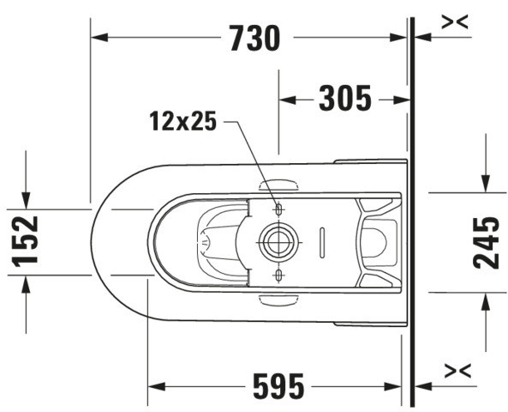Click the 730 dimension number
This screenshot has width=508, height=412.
254,39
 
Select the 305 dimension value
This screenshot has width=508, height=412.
345,99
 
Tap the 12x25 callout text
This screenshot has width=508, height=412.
183,121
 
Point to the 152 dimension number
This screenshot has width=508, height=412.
25,242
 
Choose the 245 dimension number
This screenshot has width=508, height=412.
487,243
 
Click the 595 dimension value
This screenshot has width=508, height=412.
278,386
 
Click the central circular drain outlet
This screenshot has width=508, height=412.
278,243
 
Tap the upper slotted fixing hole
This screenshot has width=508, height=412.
278,209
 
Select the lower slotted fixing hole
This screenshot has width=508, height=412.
278,276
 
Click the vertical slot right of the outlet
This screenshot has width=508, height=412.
322,243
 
